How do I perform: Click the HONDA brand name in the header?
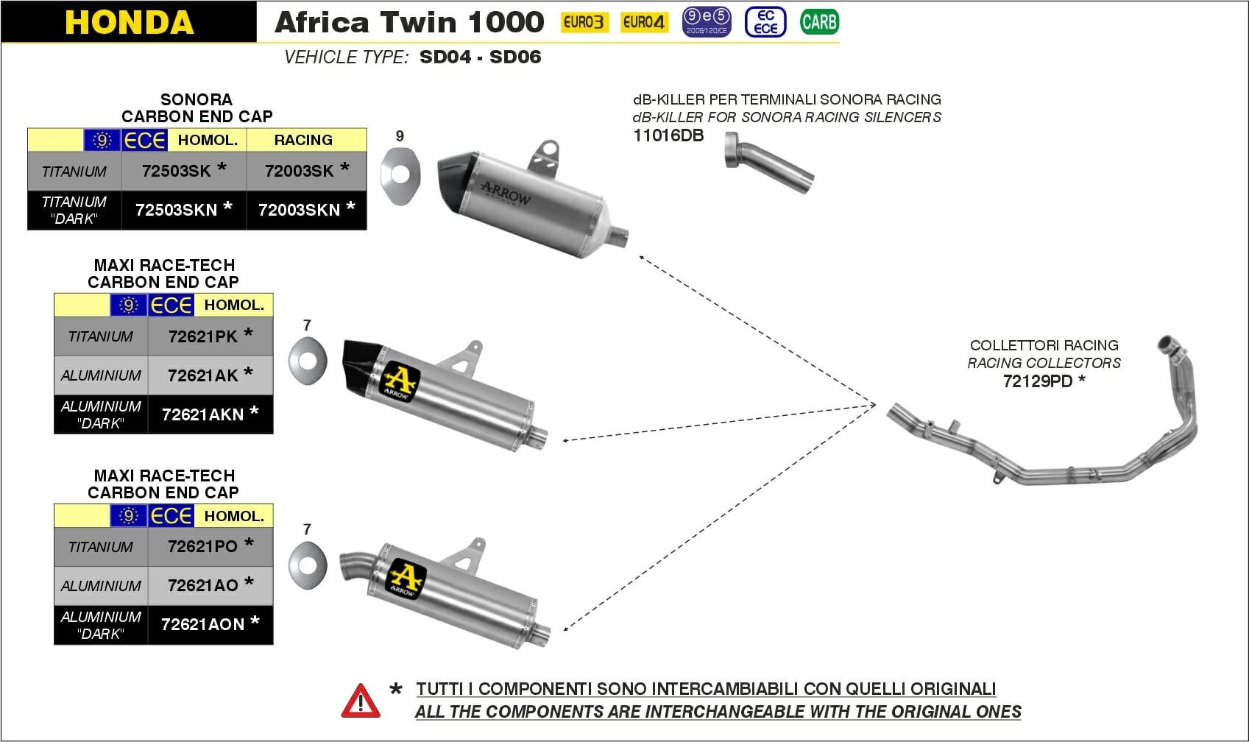coord(129,22)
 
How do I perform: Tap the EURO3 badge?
coord(583,23)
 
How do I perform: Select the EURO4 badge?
coord(643,23)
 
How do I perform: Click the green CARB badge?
coord(818,22)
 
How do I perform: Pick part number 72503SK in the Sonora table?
coord(177,171)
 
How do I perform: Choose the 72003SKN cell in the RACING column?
coord(300,210)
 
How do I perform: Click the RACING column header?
coord(303,140)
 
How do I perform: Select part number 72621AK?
coord(203,375)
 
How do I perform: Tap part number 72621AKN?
coord(203,414)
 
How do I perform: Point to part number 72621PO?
coord(203,546)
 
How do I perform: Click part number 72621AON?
coord(203,624)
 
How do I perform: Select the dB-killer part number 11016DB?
coord(668,135)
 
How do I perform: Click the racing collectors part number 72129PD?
coord(1038,381)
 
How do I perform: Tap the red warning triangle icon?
coord(361,701)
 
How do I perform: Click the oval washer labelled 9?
coord(400,176)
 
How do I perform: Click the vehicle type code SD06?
coord(515,57)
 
